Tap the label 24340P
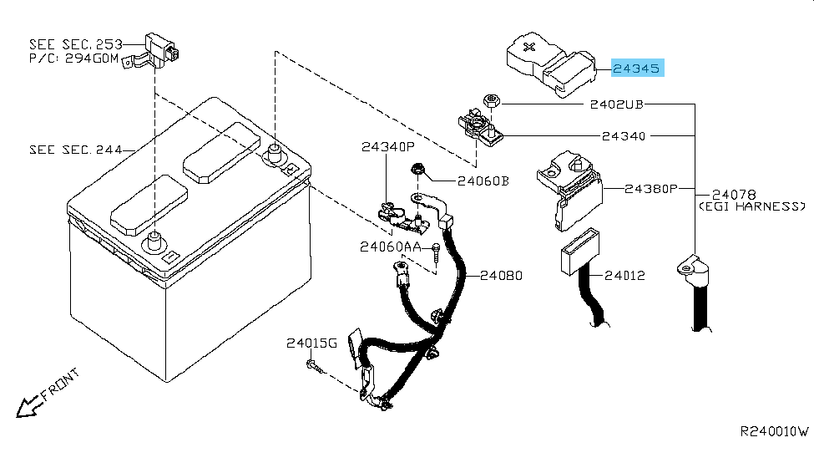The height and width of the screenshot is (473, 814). click(x=387, y=147)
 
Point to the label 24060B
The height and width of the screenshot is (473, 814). click(x=482, y=180)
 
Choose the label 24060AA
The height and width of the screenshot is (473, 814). click(x=390, y=247)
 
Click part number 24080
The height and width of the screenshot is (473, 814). click(x=501, y=275)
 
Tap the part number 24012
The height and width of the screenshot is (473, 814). click(x=624, y=275)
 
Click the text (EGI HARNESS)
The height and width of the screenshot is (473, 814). click(x=752, y=206)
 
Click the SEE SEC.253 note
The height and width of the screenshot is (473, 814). click(x=75, y=43)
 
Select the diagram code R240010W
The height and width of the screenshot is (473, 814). click(x=774, y=432)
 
